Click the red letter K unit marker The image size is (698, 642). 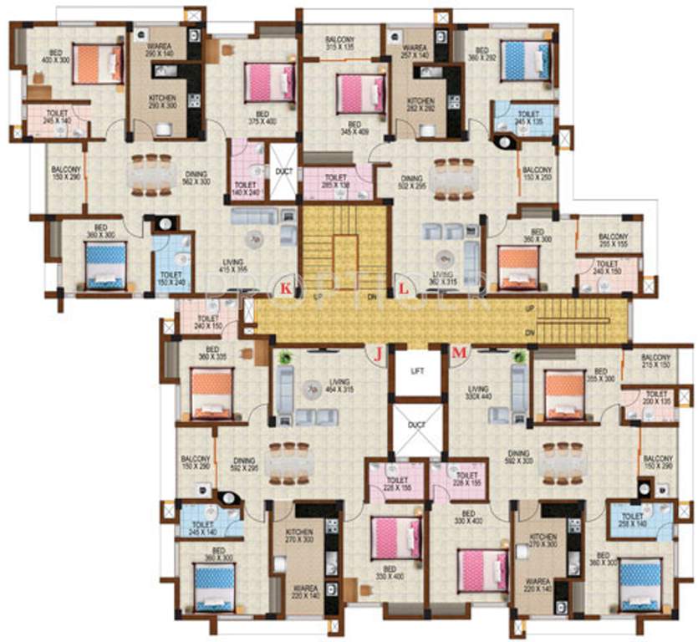pyautogui.click(x=286, y=289)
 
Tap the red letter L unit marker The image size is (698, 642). pyautogui.click(x=405, y=289)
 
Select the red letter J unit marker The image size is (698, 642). pyautogui.click(x=378, y=354)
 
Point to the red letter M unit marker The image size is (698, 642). pyautogui.click(x=458, y=354)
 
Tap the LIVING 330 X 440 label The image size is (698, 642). pyautogui.click(x=478, y=393)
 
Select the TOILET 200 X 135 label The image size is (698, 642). pyautogui.click(x=657, y=398)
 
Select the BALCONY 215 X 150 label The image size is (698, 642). pyautogui.click(x=657, y=361)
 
